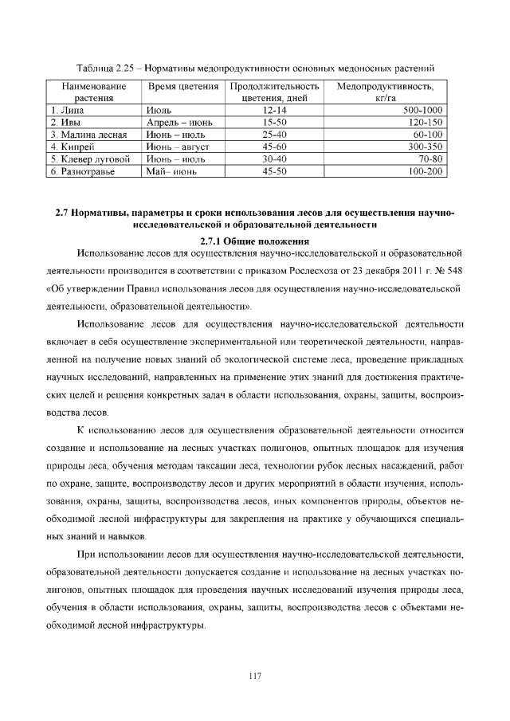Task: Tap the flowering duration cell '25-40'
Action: pos(273,135)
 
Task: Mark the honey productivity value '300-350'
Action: pos(426,147)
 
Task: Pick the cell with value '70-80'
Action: pos(430,159)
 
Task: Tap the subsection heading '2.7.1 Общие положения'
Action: pos(253,241)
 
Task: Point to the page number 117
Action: pos(254,676)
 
